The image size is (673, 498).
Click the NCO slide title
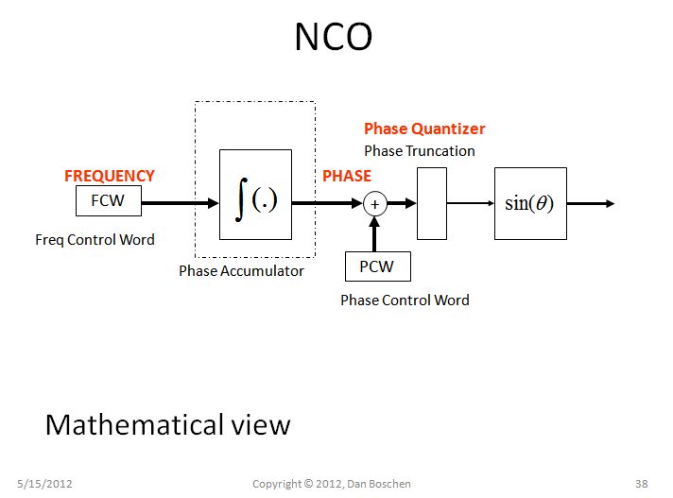click(x=333, y=38)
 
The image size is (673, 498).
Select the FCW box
click(x=108, y=200)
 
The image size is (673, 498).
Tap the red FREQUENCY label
click(x=109, y=176)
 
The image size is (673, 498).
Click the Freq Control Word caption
click(x=95, y=239)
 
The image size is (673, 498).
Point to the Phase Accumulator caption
click(x=241, y=271)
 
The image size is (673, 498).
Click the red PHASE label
click(x=347, y=176)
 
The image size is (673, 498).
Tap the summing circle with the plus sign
click(x=374, y=203)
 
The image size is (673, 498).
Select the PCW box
click(x=376, y=266)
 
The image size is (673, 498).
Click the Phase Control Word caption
click(x=405, y=300)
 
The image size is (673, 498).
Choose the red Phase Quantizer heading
click(x=424, y=129)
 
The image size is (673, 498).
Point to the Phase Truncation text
click(x=420, y=150)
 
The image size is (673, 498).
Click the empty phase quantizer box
click(x=432, y=203)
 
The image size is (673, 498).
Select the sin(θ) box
click(x=530, y=203)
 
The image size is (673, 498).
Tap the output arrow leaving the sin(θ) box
click(x=591, y=203)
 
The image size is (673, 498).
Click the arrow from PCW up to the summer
click(x=374, y=234)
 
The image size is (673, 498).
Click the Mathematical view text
click(x=167, y=425)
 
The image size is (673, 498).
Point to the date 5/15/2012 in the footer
click(x=45, y=484)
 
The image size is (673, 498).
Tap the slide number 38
click(x=641, y=484)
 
